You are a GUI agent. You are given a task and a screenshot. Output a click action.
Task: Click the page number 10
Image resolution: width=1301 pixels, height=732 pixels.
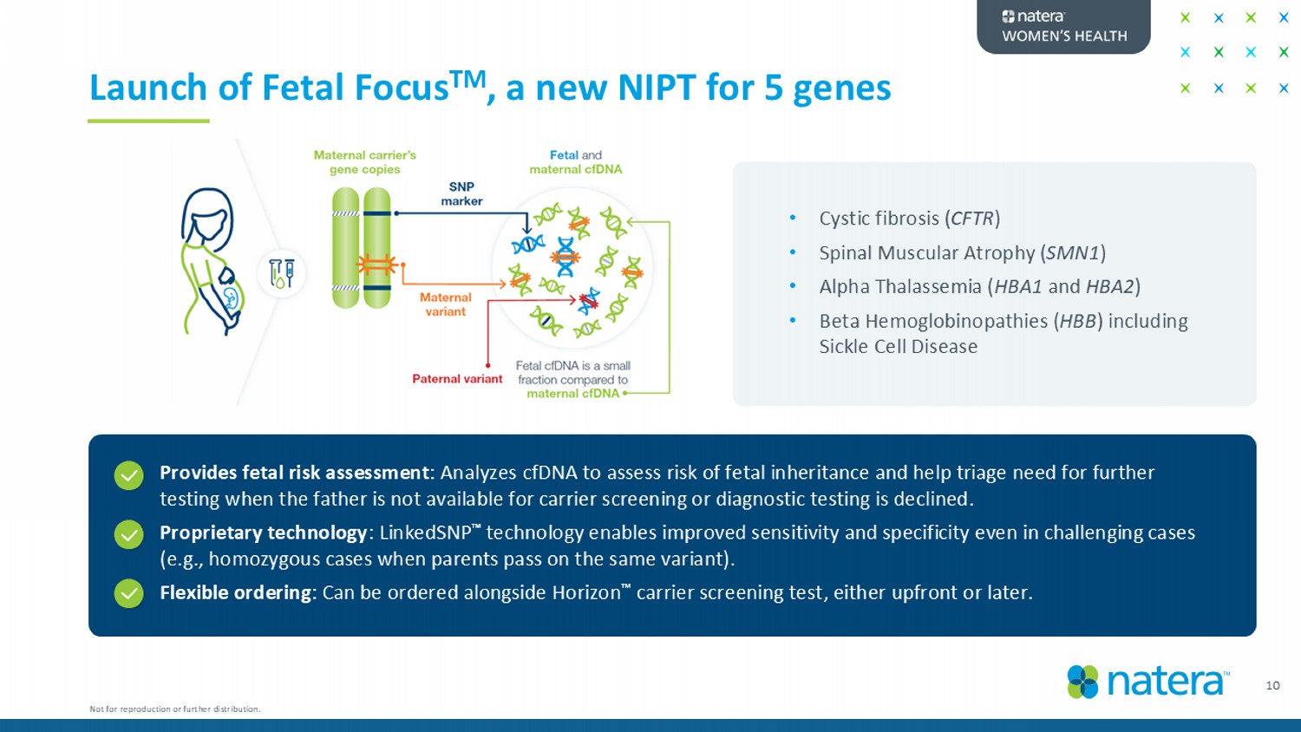(1272, 685)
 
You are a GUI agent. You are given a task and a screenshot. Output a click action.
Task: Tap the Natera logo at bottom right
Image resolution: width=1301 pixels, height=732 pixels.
(1148, 682)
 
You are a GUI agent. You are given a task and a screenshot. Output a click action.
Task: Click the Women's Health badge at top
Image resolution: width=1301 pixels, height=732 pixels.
(1063, 26)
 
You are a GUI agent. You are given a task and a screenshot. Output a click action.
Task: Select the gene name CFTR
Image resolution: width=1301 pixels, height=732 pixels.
(972, 219)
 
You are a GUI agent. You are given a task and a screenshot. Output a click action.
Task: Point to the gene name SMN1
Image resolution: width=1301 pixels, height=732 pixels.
(1073, 253)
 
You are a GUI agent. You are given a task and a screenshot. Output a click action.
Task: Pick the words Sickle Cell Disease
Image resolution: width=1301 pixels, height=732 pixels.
(898, 347)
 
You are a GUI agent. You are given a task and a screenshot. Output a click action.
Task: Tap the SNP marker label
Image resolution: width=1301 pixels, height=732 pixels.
(461, 194)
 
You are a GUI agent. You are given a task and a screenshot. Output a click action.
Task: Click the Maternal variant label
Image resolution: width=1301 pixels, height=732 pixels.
(445, 304)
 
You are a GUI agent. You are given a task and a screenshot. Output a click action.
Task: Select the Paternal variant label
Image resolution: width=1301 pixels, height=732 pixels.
(457, 379)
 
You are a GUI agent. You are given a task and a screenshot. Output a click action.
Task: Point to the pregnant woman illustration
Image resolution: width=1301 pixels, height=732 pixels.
(211, 260)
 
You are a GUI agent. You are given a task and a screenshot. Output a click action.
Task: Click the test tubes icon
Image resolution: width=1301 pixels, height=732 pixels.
(282, 273)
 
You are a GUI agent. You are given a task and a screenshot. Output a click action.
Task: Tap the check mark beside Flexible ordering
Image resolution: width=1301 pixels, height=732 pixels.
(129, 593)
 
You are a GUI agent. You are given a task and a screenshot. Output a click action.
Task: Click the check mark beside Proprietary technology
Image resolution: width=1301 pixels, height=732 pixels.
(129, 534)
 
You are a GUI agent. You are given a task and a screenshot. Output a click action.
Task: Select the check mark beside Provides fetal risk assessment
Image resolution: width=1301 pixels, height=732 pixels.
(129, 475)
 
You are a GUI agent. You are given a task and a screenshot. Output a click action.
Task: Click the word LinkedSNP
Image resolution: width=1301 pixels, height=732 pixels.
(425, 533)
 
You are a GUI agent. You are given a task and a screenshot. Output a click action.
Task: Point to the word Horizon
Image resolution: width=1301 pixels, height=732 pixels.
(584, 593)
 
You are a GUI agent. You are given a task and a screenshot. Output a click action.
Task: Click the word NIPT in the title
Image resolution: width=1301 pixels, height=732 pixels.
(657, 88)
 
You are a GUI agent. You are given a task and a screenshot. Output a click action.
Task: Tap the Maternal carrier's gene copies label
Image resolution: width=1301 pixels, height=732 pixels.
(364, 162)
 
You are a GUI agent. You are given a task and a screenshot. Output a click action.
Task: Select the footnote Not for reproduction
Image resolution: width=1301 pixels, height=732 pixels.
(174, 709)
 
